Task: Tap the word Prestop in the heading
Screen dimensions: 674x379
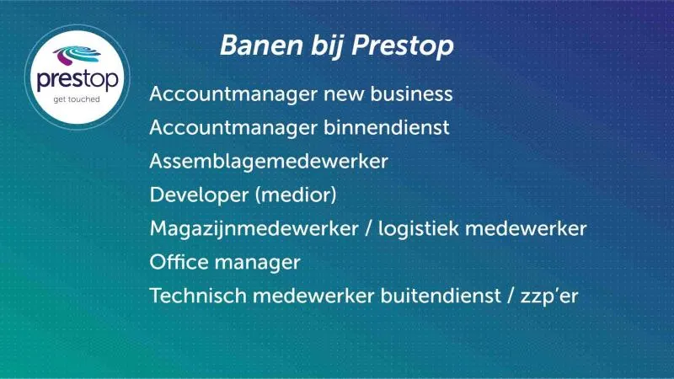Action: click(403, 46)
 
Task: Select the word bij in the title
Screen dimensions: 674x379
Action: click(327, 46)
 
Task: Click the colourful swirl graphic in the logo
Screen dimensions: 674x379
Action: click(77, 56)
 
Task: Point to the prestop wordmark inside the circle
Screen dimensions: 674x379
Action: click(78, 80)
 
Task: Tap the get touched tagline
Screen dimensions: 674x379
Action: click(77, 99)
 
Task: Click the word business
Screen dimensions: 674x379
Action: click(411, 93)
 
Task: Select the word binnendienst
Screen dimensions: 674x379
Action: click(387, 127)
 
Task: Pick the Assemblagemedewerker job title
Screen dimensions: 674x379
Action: click(269, 162)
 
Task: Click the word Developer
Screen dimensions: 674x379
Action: click(200, 195)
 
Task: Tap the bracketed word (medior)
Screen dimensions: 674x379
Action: click(296, 195)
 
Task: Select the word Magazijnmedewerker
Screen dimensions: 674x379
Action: click(254, 229)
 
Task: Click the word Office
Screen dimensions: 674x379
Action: click(179, 262)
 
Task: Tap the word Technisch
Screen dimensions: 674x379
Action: click(198, 296)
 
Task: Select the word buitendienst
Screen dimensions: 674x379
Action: click(441, 296)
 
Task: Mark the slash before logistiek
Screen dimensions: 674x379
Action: click(368, 228)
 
